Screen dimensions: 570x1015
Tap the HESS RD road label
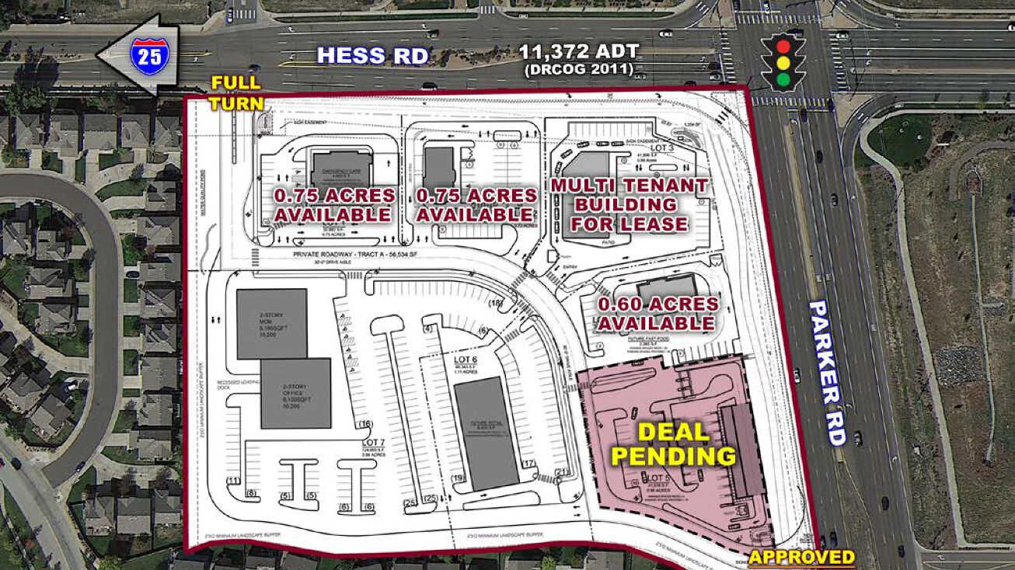pyautogui.click(x=373, y=56)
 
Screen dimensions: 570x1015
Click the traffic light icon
pyautogui.click(x=783, y=61)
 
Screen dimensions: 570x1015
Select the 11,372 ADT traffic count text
pyautogui.click(x=580, y=53)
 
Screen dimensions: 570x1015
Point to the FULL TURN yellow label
pyautogui.click(x=238, y=92)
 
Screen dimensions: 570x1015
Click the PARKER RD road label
pyautogui.click(x=827, y=373)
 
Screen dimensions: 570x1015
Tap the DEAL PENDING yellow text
pyautogui.click(x=674, y=444)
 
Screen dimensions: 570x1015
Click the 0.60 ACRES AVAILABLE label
pyautogui.click(x=657, y=313)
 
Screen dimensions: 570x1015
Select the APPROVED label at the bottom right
pyautogui.click(x=801, y=556)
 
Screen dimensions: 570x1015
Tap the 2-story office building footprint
pyautogui.click(x=295, y=393)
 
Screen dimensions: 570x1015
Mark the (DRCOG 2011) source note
pyautogui.click(x=579, y=70)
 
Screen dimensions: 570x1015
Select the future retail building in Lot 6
pyautogui.click(x=486, y=433)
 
